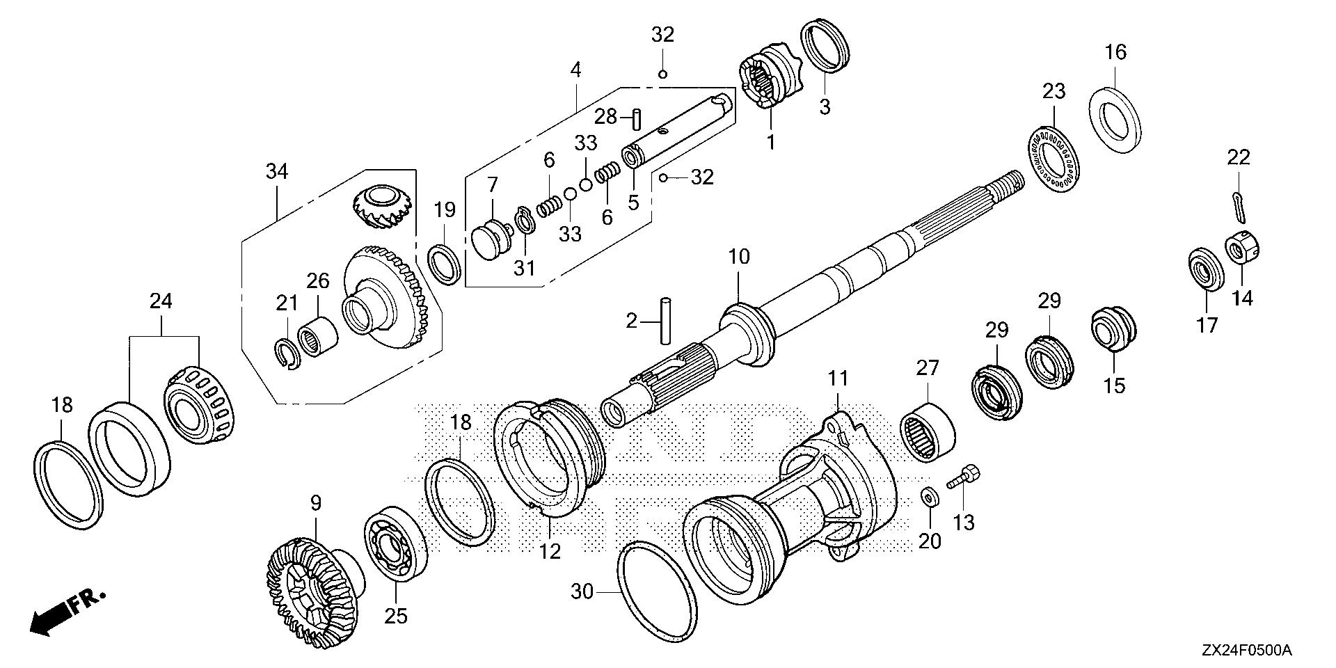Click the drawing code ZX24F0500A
(1246, 651)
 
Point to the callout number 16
(1115, 52)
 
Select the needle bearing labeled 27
(928, 429)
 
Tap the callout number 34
(277, 171)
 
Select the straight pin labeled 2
(666, 321)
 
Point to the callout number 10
(739, 257)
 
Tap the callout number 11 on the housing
(838, 379)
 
